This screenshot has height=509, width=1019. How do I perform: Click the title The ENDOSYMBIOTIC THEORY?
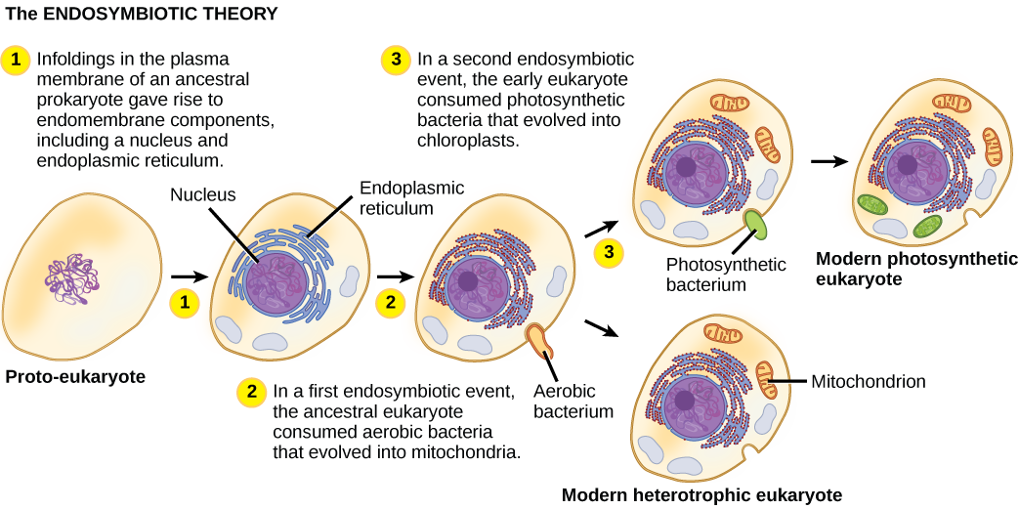pos(141,15)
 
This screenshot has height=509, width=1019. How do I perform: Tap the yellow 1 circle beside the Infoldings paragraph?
pos(16,60)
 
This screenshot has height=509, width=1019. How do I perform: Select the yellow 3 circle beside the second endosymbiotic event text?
pos(395,60)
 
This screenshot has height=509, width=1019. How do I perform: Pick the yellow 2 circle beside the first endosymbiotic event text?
pos(252,393)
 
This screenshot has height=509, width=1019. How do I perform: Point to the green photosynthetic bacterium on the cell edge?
pos(756,224)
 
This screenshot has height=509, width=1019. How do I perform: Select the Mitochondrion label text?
pos(869,381)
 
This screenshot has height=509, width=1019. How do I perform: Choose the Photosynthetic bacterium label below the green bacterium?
pos(726,274)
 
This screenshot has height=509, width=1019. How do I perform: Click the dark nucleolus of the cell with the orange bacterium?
pos(469,281)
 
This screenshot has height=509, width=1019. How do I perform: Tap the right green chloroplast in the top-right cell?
pos(928,228)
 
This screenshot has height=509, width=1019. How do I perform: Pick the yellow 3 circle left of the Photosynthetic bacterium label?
pos(609,253)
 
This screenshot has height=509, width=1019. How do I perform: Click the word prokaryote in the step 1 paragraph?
pos(78,100)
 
